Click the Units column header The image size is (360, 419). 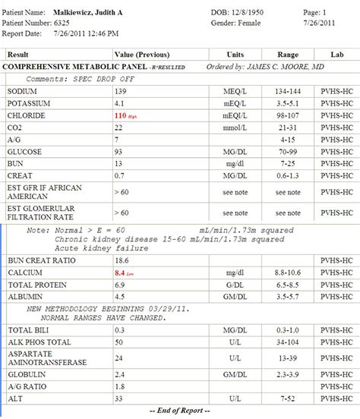point(235,55)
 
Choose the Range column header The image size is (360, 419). point(288,55)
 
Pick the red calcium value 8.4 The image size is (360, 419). point(120,272)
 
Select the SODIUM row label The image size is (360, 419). point(22,90)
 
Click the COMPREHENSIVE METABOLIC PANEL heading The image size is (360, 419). point(58,67)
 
